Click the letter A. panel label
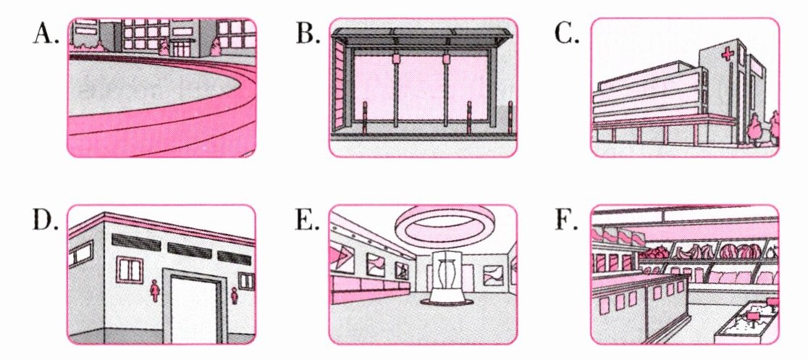(x=45, y=33)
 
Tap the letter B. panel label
(x=307, y=33)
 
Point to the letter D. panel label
(x=46, y=220)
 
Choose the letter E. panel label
(x=306, y=220)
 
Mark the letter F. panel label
(x=567, y=220)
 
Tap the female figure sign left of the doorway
(x=154, y=290)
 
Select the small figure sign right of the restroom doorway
(x=235, y=295)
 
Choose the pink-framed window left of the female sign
(x=130, y=268)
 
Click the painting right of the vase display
(x=492, y=277)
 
